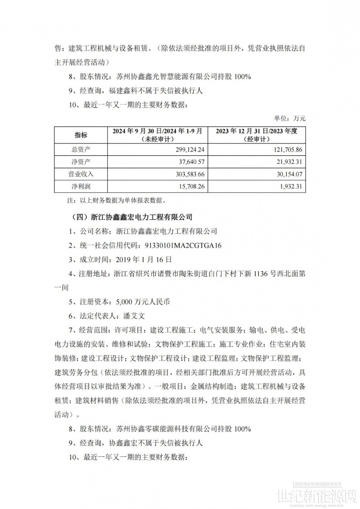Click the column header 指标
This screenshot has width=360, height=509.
pos(81,135)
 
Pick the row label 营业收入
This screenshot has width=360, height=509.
pos(81,174)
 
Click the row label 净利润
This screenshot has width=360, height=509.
pos(81,186)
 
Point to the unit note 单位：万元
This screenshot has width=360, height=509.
pos(290,118)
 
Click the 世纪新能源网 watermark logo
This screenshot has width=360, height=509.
pos(317,495)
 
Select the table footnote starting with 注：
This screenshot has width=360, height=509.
pos(112,200)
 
